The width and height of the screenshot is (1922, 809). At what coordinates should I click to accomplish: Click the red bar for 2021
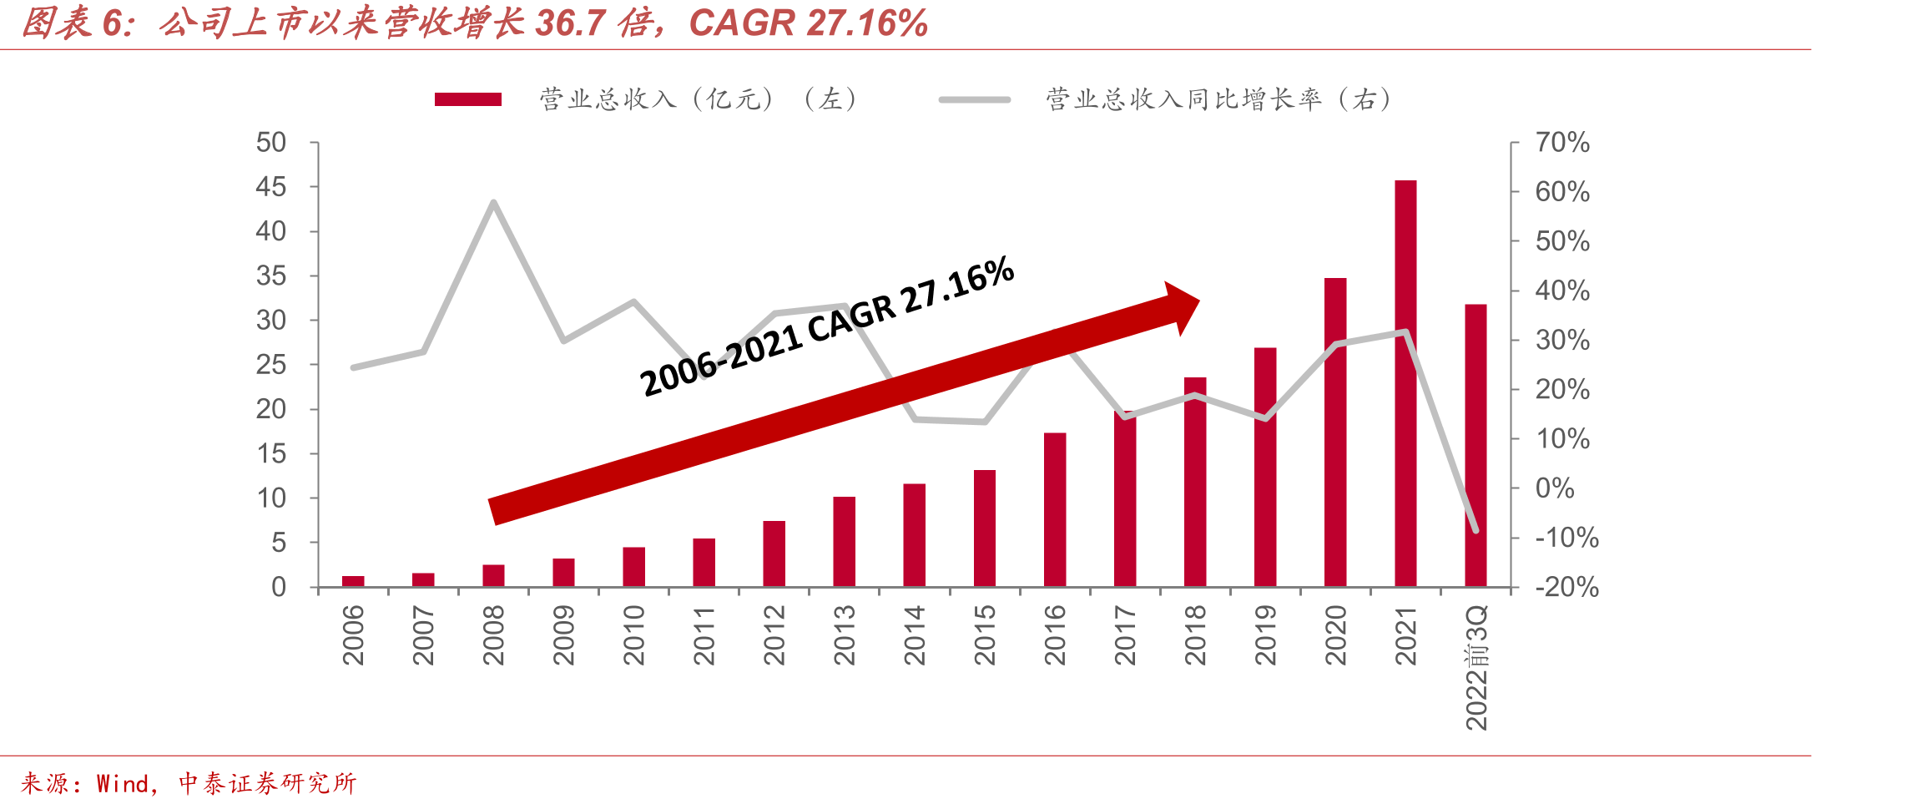click(x=1405, y=383)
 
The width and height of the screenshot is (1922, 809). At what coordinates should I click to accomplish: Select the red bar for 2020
click(x=1335, y=432)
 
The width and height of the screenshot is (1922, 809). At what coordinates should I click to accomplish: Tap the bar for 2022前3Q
click(x=1476, y=446)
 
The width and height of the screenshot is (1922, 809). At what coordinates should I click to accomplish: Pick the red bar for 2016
click(x=1055, y=510)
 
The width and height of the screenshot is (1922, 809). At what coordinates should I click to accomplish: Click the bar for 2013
click(x=845, y=542)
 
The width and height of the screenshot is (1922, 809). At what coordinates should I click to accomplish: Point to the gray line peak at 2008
click(x=494, y=202)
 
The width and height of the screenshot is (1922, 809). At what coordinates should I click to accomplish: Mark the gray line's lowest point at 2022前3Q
click(x=1476, y=530)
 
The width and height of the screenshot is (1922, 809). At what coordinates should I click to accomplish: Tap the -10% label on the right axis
click(x=1566, y=538)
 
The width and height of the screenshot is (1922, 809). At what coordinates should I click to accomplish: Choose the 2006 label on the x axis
click(x=354, y=635)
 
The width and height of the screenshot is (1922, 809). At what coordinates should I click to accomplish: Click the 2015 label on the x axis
click(x=985, y=635)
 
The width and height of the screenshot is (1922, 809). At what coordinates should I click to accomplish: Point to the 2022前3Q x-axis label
click(x=1476, y=668)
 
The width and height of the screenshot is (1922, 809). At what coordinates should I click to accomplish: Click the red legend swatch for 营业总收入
click(x=468, y=99)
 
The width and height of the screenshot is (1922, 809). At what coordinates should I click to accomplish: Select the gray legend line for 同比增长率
click(x=975, y=99)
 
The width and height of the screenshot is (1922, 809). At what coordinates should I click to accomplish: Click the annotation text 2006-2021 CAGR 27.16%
click(x=827, y=326)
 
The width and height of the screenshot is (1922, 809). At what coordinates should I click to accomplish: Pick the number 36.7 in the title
click(x=570, y=23)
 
